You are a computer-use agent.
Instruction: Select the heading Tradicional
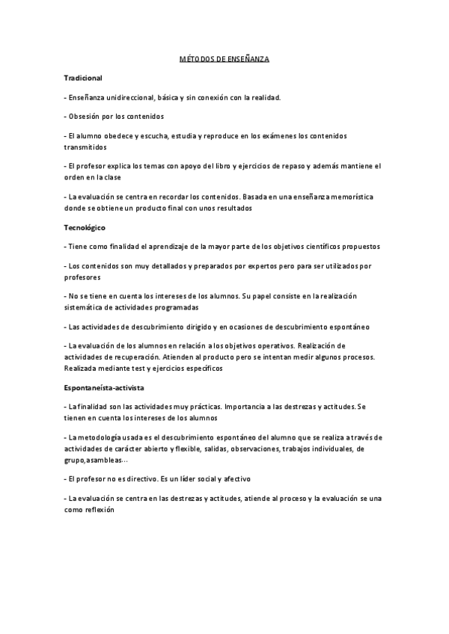83,77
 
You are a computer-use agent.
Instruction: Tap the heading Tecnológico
85,226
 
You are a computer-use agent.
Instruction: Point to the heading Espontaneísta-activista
105,387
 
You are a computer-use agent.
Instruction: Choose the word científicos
319,245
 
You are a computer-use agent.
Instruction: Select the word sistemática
85,307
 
